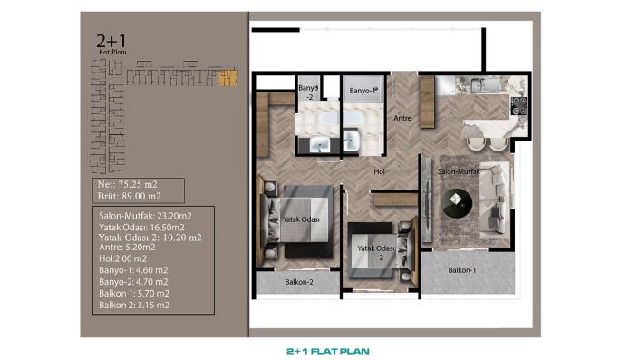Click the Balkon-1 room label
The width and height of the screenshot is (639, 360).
coord(461,270)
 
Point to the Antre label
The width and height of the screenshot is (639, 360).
coord(402,118)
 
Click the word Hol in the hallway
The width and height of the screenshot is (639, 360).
coord(382,170)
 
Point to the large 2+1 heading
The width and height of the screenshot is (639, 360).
coord(110,40)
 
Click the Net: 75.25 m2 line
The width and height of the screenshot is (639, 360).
coord(128,183)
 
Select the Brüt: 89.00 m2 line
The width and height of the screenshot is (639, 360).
coord(129,195)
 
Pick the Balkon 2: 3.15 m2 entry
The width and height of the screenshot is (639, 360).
coord(133,305)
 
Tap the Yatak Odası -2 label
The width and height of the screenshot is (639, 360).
coord(375,250)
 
